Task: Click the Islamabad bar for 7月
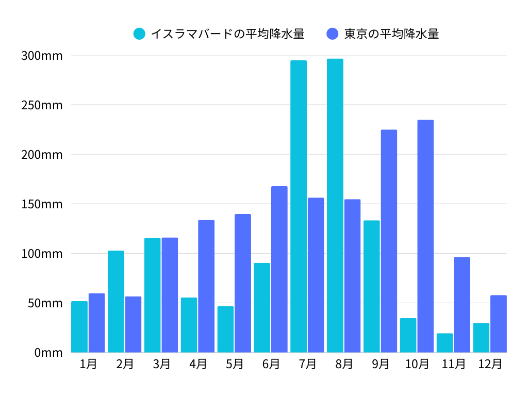(x=299, y=206)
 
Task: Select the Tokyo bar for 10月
(x=425, y=236)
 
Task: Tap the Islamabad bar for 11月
(x=444, y=343)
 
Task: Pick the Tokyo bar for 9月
(x=389, y=241)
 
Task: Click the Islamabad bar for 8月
(x=335, y=206)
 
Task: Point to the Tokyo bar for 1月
(x=96, y=323)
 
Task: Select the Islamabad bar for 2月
(x=116, y=302)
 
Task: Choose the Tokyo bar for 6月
(x=279, y=269)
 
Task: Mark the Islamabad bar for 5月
(x=225, y=329)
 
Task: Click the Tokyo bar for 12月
(x=499, y=324)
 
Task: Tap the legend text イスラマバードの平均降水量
(x=227, y=34)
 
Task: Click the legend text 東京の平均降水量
(x=391, y=34)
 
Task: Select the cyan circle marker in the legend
(x=140, y=34)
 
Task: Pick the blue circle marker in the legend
(x=333, y=34)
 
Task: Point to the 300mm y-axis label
(x=42, y=56)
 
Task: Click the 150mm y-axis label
(x=42, y=204)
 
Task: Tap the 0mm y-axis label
(x=48, y=353)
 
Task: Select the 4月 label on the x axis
(x=198, y=364)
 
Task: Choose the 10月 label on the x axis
(x=417, y=364)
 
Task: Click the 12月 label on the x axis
(x=490, y=364)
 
